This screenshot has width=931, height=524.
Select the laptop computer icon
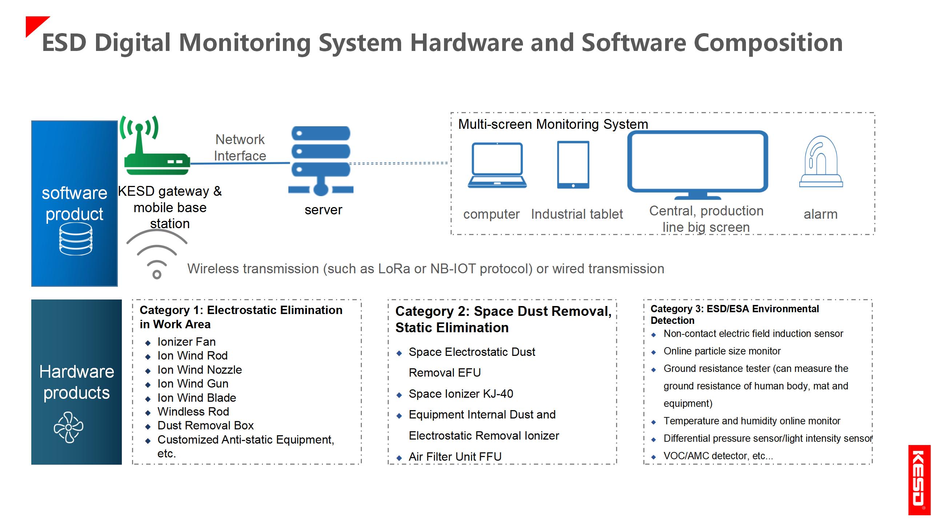tap(497, 165)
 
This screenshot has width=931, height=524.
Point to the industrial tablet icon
tap(573, 165)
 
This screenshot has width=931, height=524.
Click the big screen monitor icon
tap(698, 164)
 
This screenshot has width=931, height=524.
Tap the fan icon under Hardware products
tap(68, 427)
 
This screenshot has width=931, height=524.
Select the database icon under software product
tap(76, 239)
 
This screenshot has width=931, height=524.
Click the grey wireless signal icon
tap(157, 255)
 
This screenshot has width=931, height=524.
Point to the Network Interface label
tap(240, 147)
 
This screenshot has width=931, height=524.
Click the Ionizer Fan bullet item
tap(187, 342)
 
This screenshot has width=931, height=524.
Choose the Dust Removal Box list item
tap(205, 425)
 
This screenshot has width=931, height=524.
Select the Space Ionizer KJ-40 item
tap(461, 394)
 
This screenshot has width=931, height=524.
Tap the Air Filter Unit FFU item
tap(455, 457)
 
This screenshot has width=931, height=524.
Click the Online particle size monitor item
tap(722, 351)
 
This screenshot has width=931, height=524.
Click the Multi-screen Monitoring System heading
tap(553, 124)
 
